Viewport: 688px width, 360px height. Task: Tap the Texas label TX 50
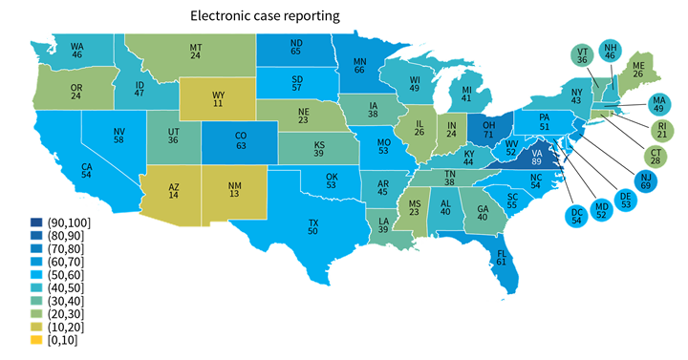[x=312, y=226]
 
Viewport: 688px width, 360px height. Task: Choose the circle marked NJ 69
[x=645, y=181]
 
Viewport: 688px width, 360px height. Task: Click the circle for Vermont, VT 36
[x=581, y=54]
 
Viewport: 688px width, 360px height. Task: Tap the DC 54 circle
[x=576, y=215]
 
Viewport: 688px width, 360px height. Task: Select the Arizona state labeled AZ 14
[x=173, y=189]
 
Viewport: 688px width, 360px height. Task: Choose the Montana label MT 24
[x=195, y=51]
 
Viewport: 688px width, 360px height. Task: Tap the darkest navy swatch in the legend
[x=36, y=222]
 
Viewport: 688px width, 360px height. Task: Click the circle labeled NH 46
[x=612, y=53]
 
